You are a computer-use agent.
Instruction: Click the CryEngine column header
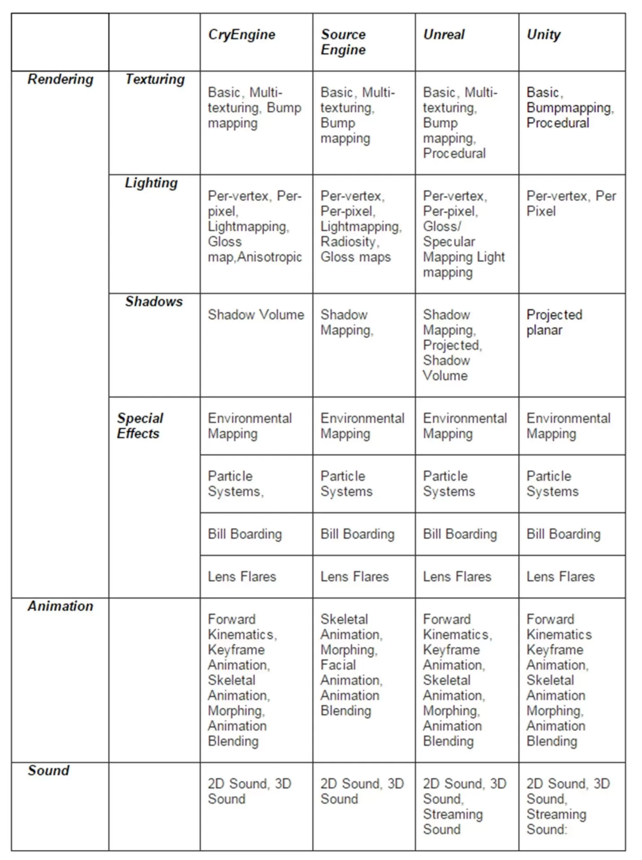[241, 34]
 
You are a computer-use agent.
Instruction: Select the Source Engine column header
[343, 42]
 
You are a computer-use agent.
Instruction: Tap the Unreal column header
[444, 34]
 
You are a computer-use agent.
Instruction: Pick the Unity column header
[543, 34]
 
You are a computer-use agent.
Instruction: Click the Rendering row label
[60, 79]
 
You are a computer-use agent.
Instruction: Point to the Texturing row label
[155, 79]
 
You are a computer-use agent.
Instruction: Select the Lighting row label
[151, 183]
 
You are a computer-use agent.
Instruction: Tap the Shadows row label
[154, 301]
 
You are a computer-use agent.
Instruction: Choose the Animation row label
[60, 606]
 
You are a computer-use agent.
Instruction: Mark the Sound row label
[48, 770]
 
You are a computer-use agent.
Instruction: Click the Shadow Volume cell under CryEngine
[256, 315]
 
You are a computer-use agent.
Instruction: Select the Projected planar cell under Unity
[554, 322]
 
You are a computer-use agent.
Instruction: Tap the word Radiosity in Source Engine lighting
[349, 242]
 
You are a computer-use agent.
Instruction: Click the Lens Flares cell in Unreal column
[457, 576]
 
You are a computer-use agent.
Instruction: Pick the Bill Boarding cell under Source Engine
[357, 534]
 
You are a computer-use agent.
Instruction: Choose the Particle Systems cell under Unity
[552, 484]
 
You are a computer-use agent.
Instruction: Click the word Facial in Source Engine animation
[338, 665]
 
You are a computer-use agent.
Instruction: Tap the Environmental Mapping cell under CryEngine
[250, 426]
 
